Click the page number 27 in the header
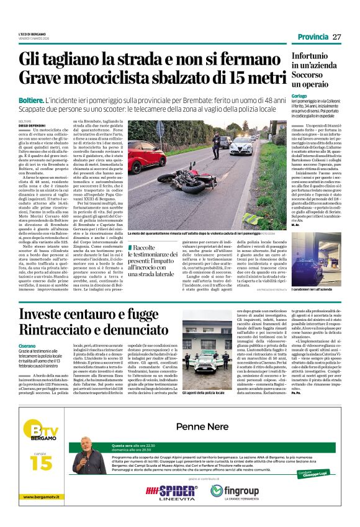337,37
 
